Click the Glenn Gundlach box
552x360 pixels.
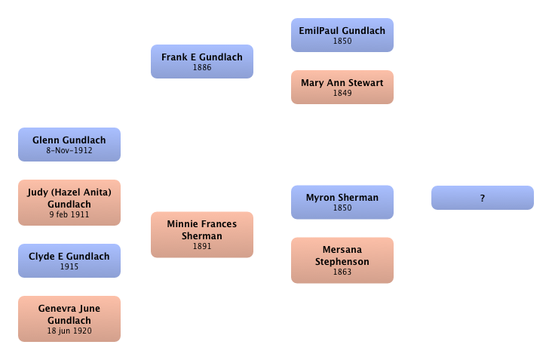[x=69, y=144]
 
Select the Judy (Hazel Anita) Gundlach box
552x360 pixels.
[x=69, y=202]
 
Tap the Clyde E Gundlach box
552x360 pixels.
[x=69, y=260]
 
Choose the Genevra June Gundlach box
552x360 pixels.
[x=69, y=318]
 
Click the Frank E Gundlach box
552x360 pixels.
[x=201, y=61]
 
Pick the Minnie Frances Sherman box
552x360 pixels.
[x=201, y=235]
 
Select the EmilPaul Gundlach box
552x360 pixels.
[x=342, y=35]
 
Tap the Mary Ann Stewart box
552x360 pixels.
[x=342, y=87]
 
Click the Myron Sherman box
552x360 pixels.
[x=342, y=202]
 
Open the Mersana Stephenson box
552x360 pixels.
[x=342, y=260]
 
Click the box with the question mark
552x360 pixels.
[x=482, y=198]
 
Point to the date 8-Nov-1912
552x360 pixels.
[x=69, y=150]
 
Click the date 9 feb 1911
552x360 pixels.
[x=69, y=214]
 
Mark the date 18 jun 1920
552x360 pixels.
[x=69, y=331]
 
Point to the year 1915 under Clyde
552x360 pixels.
[x=69, y=266]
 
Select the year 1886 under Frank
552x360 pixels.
[x=201, y=67]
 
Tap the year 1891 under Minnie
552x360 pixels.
[x=201, y=246]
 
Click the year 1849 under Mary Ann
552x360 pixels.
[x=342, y=93]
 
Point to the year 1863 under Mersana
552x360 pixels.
[x=342, y=272]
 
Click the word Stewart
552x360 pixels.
[x=366, y=82]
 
